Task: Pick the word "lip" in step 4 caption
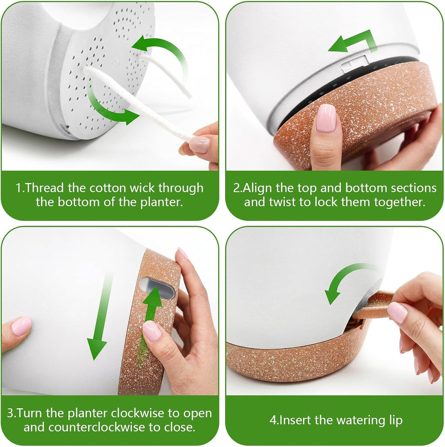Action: (396, 420)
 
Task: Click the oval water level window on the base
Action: (156, 288)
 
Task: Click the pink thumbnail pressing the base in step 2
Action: (326, 118)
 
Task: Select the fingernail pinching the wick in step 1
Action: (199, 144)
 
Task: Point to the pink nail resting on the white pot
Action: (21, 326)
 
